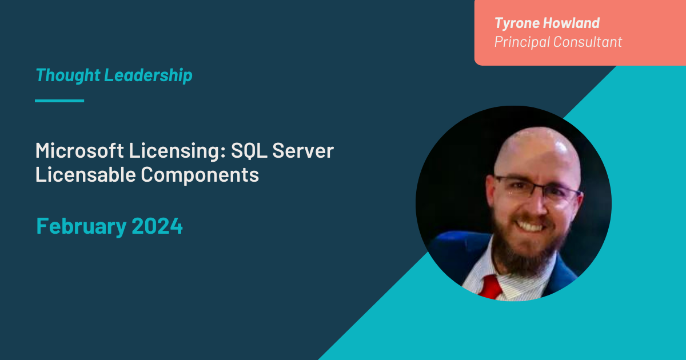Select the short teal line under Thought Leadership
[59, 101]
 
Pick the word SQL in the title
[249, 151]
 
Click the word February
[81, 226]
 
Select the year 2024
[157, 226]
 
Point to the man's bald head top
[535, 146]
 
